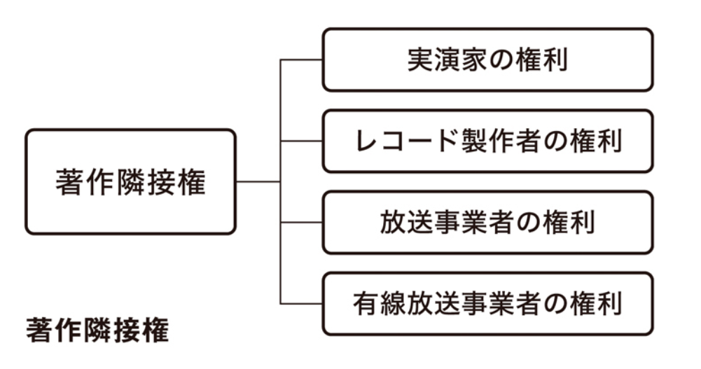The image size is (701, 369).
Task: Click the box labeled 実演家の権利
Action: [487, 60]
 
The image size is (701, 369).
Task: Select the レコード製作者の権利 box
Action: [487, 141]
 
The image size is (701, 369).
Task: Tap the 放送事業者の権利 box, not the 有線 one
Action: [487, 222]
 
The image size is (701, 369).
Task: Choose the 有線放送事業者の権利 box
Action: [487, 303]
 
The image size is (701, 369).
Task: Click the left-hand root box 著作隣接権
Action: [130, 181]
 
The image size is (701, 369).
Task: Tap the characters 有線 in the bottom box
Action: [379, 303]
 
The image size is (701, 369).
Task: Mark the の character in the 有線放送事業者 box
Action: [559, 303]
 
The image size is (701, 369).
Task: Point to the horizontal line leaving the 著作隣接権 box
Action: [258, 181]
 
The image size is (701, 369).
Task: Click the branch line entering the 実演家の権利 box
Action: [302, 60]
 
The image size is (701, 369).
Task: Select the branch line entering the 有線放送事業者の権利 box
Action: [302, 303]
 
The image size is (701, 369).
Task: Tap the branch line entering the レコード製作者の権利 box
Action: [302, 141]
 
